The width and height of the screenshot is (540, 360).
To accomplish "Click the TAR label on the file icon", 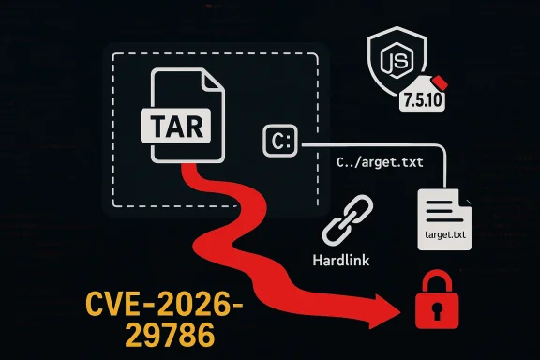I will (x=175, y=124).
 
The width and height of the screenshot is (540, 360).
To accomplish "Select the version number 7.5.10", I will (x=445, y=102).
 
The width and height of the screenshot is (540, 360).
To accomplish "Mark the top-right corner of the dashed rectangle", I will (x=320, y=54).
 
